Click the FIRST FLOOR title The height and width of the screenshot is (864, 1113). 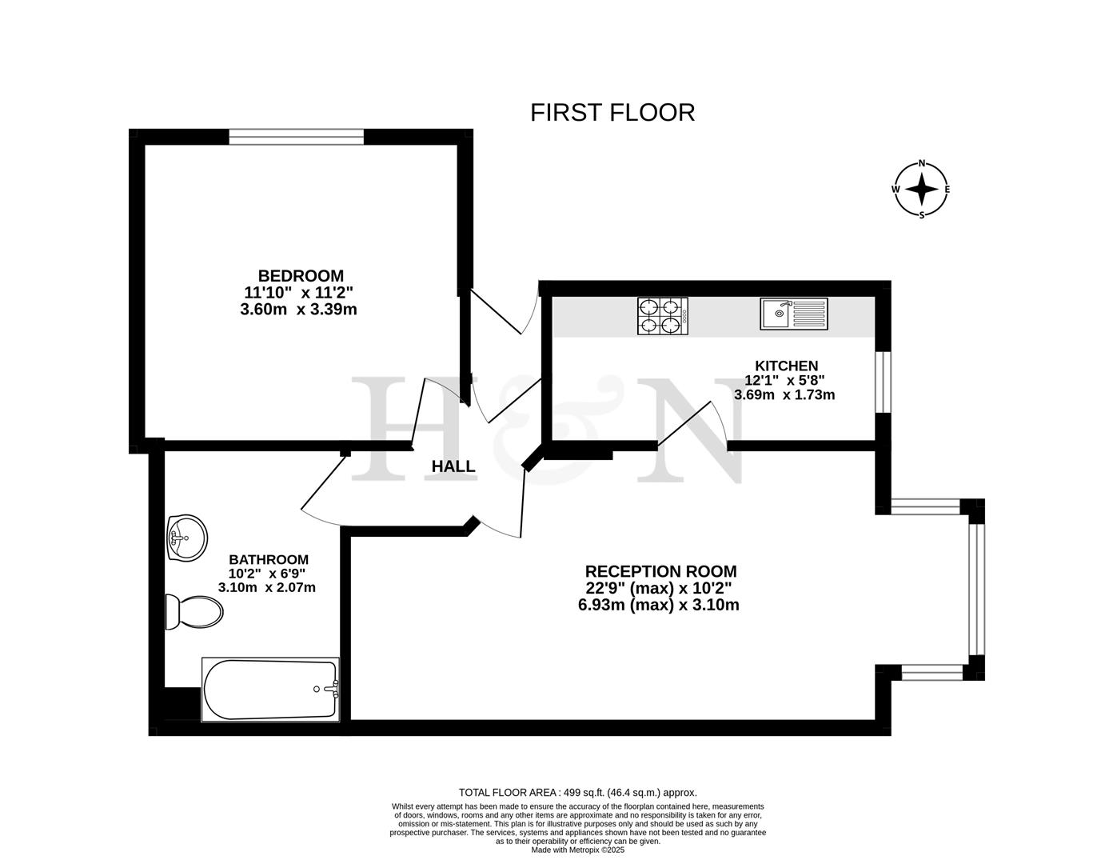612,112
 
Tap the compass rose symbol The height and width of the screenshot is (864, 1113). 922,190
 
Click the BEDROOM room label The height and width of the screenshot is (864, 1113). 300,276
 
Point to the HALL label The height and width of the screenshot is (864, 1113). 453,466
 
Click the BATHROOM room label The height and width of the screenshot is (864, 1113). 268,559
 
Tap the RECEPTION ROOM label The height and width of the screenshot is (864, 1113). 660,571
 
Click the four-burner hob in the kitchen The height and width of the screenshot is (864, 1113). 662,315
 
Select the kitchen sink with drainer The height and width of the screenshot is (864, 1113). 795,314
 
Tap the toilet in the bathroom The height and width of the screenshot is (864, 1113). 193,613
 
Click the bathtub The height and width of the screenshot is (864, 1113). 270,689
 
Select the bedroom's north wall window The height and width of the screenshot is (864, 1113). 296,137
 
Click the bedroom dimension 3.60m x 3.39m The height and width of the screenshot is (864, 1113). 298,310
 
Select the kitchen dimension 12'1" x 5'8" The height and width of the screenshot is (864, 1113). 784,381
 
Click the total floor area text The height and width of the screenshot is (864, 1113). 577,792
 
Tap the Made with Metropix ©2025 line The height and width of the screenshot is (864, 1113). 577,850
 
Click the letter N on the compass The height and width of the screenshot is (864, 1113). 922,163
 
